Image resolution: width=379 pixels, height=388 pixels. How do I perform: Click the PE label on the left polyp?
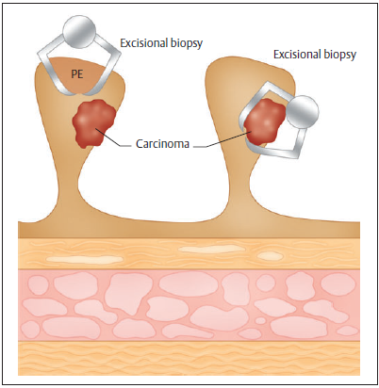point(77,74)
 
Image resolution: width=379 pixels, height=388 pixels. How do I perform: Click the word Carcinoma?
point(162,144)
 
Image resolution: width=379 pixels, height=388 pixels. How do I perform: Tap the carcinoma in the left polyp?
point(93,123)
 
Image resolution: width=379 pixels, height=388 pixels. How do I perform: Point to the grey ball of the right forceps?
point(303,112)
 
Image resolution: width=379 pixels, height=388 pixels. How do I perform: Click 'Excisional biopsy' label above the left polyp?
point(161,43)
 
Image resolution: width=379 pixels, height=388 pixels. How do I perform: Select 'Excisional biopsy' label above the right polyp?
point(315,55)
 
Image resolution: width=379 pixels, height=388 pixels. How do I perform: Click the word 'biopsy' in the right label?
point(340,56)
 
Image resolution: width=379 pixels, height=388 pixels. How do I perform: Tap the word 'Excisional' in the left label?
point(142,42)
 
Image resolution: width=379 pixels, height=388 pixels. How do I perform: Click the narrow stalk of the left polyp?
point(67,186)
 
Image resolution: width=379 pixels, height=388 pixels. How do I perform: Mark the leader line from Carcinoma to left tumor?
point(112,137)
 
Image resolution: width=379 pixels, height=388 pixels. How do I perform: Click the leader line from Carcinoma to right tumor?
point(222,139)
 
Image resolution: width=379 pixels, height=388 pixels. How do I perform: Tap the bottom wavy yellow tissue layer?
point(189,359)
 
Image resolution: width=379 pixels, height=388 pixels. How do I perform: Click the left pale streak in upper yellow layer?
point(85,259)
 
